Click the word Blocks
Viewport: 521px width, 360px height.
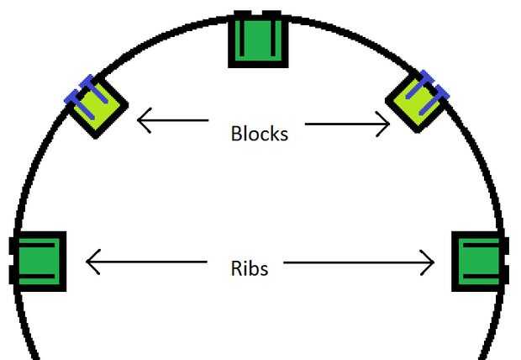260,133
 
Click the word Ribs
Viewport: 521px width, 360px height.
250,268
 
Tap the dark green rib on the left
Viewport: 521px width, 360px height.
39,262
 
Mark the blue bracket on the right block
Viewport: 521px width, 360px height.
433,88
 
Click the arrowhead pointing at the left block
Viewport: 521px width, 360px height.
143,121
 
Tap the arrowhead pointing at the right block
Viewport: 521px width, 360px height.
385,125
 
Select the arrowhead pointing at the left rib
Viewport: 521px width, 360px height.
92,262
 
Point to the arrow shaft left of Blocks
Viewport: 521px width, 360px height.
176,121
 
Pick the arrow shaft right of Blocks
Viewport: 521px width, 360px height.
345,125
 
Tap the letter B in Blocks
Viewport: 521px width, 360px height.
237,133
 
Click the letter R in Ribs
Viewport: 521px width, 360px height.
237,268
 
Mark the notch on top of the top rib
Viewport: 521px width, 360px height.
260,15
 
